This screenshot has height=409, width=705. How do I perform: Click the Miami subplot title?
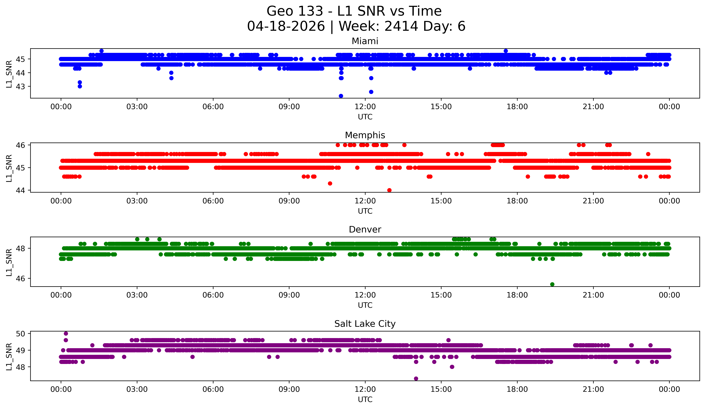[x=365, y=41]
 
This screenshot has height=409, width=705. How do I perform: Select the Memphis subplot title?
[x=365, y=135]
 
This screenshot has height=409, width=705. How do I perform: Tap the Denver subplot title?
[x=365, y=230]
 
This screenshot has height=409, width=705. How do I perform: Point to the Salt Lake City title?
[x=365, y=324]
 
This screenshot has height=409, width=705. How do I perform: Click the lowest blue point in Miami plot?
[x=341, y=96]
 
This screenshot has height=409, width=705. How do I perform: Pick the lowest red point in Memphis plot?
[x=389, y=190]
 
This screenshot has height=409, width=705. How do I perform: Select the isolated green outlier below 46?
[x=552, y=284]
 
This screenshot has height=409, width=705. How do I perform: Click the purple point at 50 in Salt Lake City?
[x=66, y=333]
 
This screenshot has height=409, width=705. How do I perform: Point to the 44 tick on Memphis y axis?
[x=20, y=190]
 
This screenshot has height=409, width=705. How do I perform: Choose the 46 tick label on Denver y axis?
[x=20, y=278]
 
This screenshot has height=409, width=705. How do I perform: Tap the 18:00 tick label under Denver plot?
[x=517, y=295]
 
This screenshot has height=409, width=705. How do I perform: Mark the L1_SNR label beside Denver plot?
[x=9, y=262]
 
